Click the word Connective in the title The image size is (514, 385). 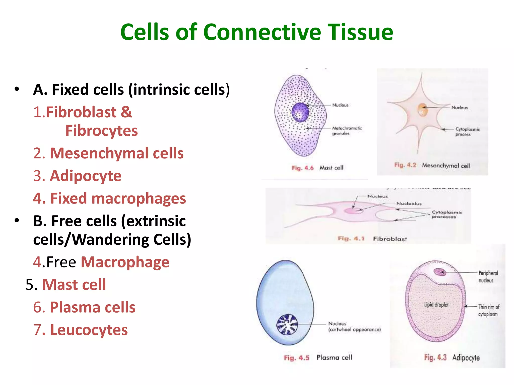pos(262,32)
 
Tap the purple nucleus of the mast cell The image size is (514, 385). pos(300,113)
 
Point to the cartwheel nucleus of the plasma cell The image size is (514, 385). pos(287,325)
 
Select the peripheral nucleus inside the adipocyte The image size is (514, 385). pos(440,272)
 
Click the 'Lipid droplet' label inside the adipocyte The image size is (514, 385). pos(436,305)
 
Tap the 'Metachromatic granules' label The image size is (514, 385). pos(347,131)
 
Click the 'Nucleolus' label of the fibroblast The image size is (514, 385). pos(409,204)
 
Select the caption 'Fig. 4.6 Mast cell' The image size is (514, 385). pos(317,168)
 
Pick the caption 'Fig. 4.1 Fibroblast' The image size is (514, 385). pos(372,239)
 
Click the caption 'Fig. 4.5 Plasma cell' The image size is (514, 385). pos(318,358)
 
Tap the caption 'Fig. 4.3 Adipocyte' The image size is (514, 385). pos(452,357)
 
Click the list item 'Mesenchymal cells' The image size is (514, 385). pos(108,153)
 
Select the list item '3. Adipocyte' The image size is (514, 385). pos(77,176)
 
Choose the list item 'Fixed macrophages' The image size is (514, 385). pos(109,198)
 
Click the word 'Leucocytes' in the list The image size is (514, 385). pos(89,330)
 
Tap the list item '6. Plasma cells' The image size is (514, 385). pos(84,307)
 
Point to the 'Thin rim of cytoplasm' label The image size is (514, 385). pos(488,310)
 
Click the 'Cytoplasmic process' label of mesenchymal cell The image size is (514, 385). pos(467,132)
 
